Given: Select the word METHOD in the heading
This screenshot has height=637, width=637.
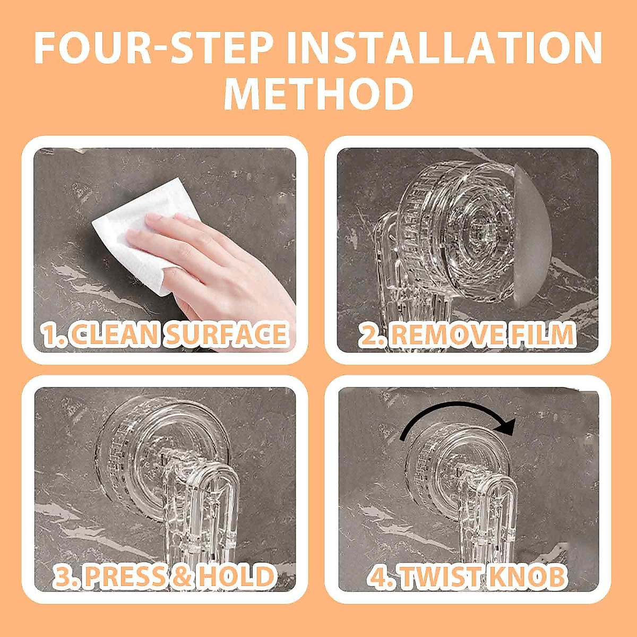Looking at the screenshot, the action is click(x=318, y=93).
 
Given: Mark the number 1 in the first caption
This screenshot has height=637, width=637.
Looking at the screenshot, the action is click(x=51, y=334).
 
